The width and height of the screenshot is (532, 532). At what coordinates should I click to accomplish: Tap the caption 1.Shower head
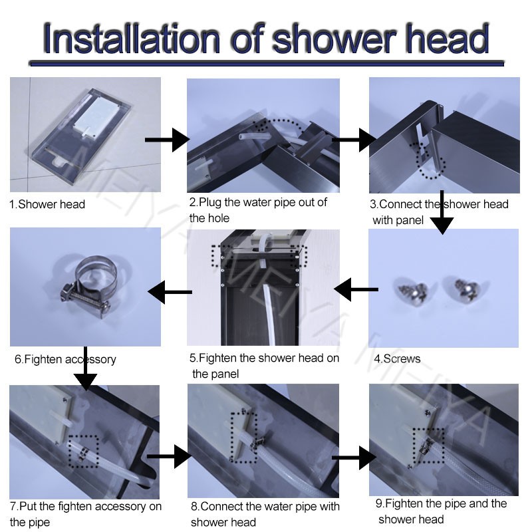coord(47,204)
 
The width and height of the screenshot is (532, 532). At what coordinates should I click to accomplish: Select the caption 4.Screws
coord(397,358)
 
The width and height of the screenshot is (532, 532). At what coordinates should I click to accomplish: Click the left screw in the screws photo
coord(412,292)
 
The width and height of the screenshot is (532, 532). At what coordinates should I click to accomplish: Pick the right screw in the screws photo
coord(467,289)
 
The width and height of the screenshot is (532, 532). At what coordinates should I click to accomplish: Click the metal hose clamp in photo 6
coord(90,284)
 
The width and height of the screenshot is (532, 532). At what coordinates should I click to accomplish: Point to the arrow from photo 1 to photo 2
coord(167,140)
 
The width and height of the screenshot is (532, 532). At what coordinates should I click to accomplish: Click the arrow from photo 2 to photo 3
coord(354,140)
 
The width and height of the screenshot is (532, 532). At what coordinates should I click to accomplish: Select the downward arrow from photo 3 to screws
coord(442,212)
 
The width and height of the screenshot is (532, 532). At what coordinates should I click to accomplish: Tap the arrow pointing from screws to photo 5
coord(356,289)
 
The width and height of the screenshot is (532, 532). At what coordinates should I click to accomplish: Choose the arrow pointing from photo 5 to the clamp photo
coord(170,292)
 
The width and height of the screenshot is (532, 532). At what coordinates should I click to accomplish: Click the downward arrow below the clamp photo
coord(85,368)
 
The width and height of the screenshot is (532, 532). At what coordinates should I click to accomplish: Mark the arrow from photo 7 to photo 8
coord(169,456)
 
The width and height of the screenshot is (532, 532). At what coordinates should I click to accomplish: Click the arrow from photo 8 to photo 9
coord(354,458)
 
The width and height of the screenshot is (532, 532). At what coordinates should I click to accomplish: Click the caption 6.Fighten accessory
coord(65,359)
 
